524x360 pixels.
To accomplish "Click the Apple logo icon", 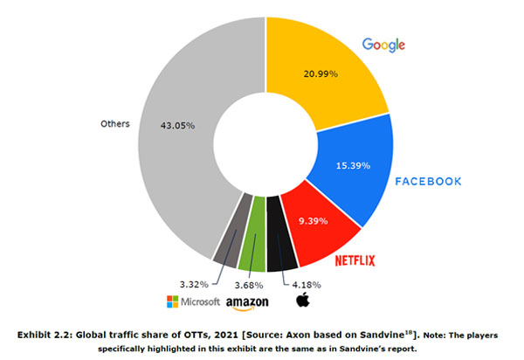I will click(304, 300).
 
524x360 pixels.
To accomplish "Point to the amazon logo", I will click(247, 302).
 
